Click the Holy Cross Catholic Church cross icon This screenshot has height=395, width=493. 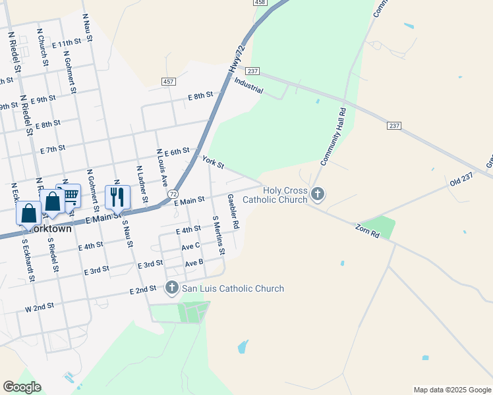click(318, 194)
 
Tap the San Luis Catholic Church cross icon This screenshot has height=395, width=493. click(172, 288)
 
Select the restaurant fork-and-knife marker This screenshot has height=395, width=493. click(117, 196)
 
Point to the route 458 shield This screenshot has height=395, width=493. click(260, 3)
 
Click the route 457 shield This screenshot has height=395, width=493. click(169, 81)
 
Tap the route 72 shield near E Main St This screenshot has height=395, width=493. click(172, 194)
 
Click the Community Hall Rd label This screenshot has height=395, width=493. click(333, 137)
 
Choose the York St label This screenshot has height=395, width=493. click(214, 161)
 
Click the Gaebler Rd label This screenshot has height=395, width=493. click(233, 211)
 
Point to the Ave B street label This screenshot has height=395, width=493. click(194, 263)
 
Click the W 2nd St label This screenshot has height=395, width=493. click(39, 306)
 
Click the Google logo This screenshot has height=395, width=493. click(22, 387)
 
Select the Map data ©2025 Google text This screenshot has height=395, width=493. click(451, 390)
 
